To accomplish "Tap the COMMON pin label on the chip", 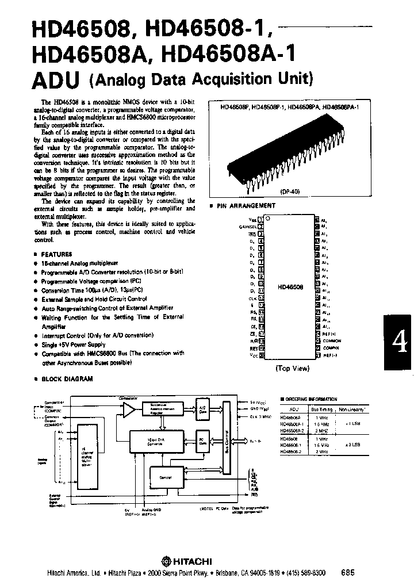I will pos(332,340).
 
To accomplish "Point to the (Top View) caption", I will pos(292,368).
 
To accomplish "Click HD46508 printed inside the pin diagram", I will pos(290,286).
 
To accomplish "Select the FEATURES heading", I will pos(57,254).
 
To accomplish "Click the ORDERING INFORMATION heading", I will pos(311,399).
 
